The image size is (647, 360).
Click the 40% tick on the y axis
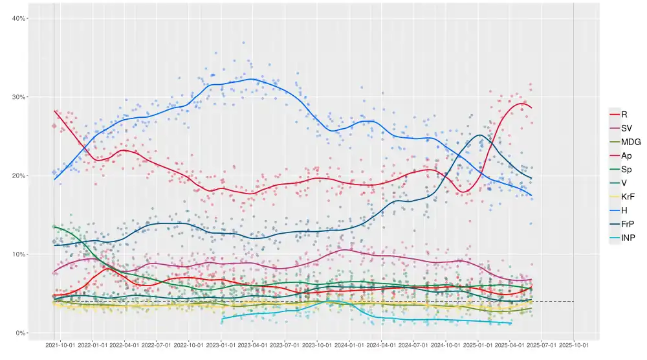click(19, 18)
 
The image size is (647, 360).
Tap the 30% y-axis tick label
click(19, 97)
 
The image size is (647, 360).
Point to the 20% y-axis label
click(19, 175)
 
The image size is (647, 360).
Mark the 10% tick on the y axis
click(19, 254)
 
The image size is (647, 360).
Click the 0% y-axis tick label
click(21, 333)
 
